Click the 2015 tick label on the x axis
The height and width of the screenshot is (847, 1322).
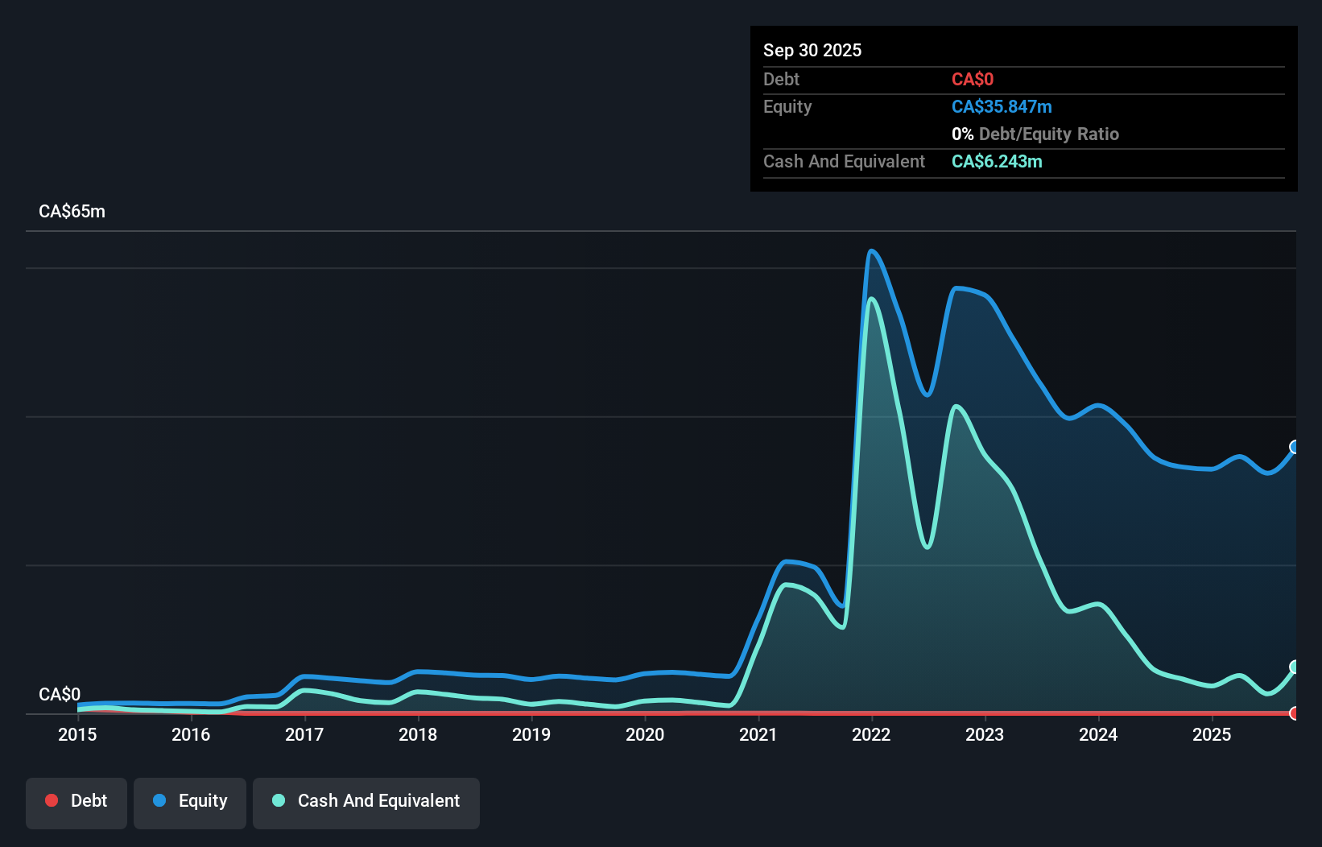click(77, 734)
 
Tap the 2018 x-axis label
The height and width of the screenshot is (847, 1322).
click(418, 734)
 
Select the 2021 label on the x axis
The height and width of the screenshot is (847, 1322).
click(758, 734)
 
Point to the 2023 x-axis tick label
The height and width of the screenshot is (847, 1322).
click(985, 734)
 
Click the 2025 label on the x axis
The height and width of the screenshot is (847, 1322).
click(1212, 734)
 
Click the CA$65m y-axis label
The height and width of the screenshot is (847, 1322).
click(72, 212)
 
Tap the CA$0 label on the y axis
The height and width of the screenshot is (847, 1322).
click(60, 694)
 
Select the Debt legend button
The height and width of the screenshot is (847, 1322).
click(76, 801)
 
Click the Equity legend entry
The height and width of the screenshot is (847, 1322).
click(190, 801)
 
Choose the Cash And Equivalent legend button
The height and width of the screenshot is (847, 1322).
click(366, 801)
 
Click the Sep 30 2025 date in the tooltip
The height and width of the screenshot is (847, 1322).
click(812, 51)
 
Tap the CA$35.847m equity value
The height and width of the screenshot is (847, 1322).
click(1002, 107)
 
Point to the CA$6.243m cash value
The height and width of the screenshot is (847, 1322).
click(997, 162)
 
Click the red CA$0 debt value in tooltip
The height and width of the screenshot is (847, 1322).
click(973, 80)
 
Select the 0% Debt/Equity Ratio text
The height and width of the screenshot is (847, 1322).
click(1035, 134)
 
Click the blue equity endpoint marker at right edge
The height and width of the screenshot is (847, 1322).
click(1295, 447)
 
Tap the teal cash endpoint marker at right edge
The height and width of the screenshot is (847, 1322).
click(1295, 667)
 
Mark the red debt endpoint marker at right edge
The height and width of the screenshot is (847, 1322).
click(1295, 713)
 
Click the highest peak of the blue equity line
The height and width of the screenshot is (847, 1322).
click(871, 251)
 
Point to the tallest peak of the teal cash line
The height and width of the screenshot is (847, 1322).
click(871, 300)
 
